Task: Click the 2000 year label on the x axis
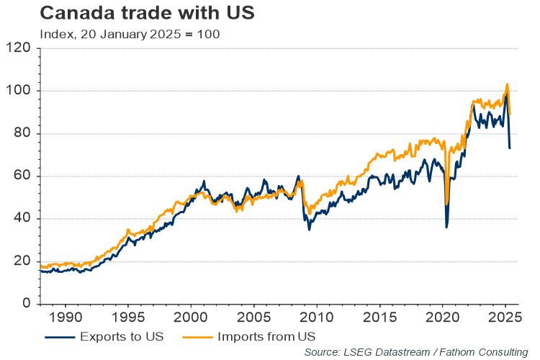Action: (190, 318)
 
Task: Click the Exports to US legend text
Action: (122, 336)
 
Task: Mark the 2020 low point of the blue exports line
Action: (446, 228)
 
